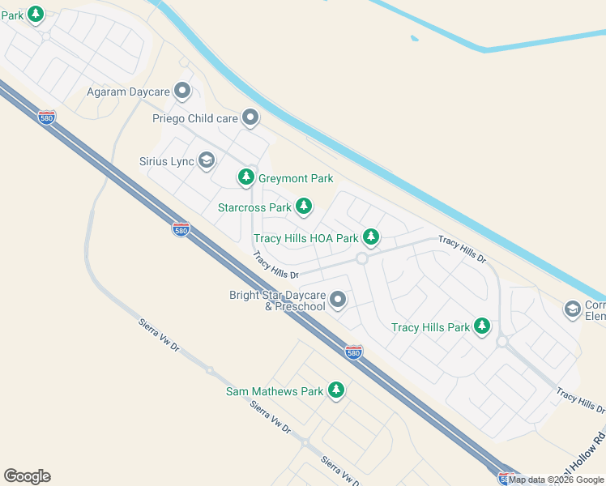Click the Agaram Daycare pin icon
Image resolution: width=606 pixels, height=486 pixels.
182,92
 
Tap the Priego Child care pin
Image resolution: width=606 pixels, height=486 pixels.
250,118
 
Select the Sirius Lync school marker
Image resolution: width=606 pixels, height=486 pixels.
206,161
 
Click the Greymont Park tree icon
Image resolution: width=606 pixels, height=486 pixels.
245,177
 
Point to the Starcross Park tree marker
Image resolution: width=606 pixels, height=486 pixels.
304,207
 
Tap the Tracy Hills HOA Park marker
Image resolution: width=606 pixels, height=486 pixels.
370,237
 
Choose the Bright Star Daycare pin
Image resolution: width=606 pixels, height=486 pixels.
338,301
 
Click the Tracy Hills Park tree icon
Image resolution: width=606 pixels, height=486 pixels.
482,326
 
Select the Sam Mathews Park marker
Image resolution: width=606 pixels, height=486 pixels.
335,390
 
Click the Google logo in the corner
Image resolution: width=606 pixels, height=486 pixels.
27,476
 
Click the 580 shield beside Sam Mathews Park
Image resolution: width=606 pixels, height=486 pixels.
352,352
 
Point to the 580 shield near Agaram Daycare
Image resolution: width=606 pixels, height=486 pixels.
47,117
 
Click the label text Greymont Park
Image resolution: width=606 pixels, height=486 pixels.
296,178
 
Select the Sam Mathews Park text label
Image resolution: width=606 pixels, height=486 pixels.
275,391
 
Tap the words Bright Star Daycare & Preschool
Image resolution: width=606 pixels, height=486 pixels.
277,301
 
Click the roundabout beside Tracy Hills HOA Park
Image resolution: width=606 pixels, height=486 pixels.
361,258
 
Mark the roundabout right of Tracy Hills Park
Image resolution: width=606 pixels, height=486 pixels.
501,342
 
